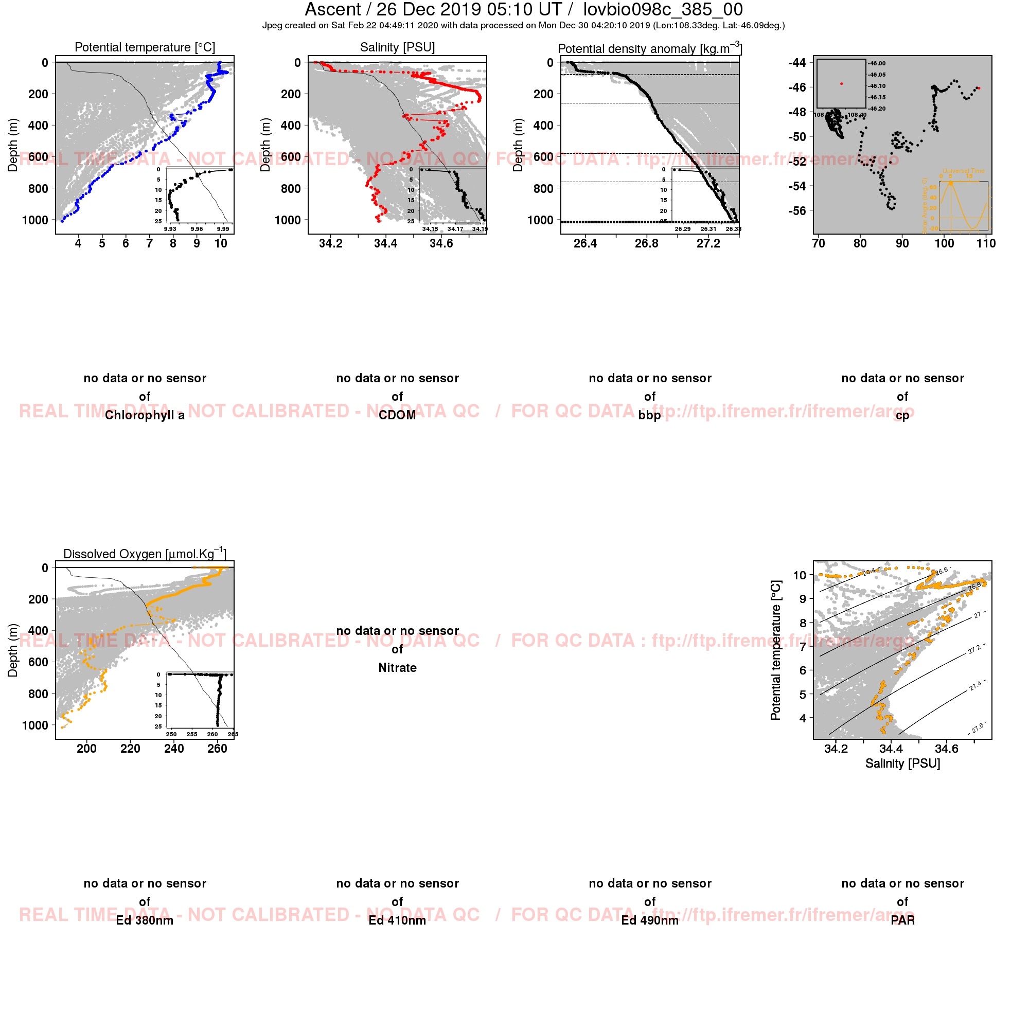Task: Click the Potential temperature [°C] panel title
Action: point(145,47)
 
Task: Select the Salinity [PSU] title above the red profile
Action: point(397,47)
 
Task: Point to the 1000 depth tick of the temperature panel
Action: point(34,220)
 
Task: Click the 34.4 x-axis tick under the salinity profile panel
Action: point(385,243)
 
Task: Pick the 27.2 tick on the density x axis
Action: point(708,243)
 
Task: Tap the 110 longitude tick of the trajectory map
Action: point(986,243)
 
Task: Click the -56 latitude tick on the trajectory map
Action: point(797,211)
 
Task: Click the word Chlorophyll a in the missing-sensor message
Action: point(145,415)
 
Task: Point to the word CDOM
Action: point(397,415)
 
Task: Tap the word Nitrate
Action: point(397,668)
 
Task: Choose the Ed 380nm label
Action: point(145,920)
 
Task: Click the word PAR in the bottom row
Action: point(902,920)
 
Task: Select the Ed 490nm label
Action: point(650,920)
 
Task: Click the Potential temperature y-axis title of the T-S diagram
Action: point(775,650)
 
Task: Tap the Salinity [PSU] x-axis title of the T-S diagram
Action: point(902,764)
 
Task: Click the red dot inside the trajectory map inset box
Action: point(842,84)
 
